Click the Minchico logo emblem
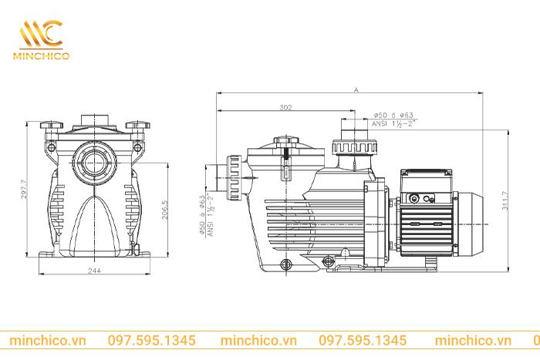point(42,34)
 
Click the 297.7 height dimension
point(23,189)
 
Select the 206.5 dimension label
point(164,210)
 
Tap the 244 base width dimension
point(94,271)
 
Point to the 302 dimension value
point(285,108)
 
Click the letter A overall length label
point(356,90)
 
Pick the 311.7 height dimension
point(505,200)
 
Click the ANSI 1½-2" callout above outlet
point(392,123)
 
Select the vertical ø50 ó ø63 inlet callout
point(202,214)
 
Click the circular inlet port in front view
point(94,163)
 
